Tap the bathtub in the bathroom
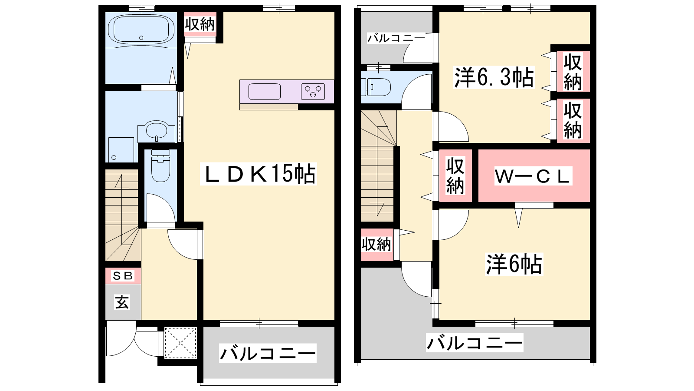tap(141, 30)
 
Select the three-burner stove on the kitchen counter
tap(313, 92)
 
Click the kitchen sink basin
tap(264, 92)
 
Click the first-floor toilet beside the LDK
tap(160, 166)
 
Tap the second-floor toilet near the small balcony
tap(376, 87)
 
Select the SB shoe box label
tap(123, 275)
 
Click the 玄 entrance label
tap(122, 302)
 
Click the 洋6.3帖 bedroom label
tap(494, 77)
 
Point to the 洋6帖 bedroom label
tap(514, 265)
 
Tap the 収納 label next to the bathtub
tap(200, 24)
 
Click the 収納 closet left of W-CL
tap(455, 176)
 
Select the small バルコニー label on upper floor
tap(396, 39)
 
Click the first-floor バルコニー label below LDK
tap(268, 353)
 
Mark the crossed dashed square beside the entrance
tap(180, 343)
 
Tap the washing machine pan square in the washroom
tap(121, 150)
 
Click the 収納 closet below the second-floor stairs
tap(376, 245)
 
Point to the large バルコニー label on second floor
tap(475, 343)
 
